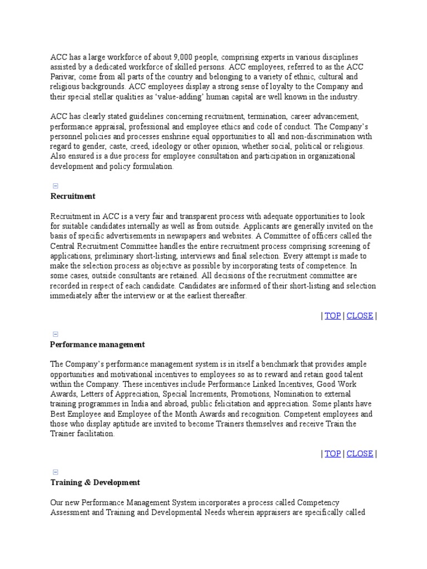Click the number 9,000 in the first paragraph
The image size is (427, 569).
(x=183, y=57)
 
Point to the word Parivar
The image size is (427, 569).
(x=63, y=77)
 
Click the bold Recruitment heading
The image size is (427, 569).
(x=73, y=196)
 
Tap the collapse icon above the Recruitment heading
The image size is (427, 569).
(x=56, y=186)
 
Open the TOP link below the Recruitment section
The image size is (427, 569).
(x=332, y=316)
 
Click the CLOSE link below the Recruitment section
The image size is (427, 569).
(x=360, y=316)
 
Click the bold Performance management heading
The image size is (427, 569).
(x=97, y=345)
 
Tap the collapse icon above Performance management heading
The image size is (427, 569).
(x=56, y=335)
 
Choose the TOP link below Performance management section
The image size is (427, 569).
(x=332, y=453)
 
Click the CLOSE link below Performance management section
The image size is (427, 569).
(x=360, y=453)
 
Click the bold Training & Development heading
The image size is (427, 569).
(x=95, y=482)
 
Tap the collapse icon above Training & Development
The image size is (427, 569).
(x=56, y=472)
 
